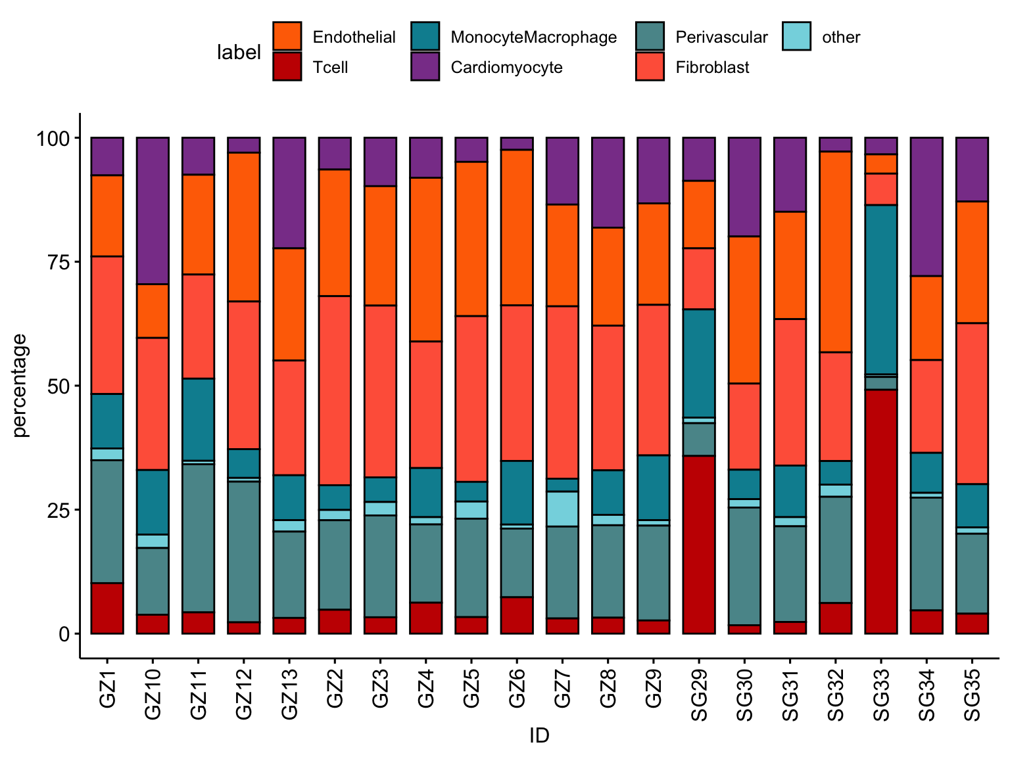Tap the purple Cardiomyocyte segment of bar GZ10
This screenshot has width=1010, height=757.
pos(153,210)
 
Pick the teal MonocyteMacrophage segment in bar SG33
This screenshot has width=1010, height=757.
pos(880,289)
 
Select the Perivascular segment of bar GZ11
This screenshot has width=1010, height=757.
pos(198,538)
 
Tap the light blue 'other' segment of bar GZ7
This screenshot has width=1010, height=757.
pos(562,509)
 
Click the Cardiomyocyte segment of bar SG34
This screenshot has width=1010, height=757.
pos(926,206)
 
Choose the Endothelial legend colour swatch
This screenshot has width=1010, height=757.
pos(287,36)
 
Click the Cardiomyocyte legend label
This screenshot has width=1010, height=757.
pos(506,67)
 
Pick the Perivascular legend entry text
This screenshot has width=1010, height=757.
pos(721,37)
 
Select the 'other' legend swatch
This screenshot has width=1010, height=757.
pos(796,36)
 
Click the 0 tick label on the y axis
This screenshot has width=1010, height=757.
pos(64,634)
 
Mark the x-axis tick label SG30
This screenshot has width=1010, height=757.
pos(744,696)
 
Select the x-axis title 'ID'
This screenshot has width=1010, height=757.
pos(539,735)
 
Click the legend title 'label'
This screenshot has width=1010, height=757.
pos(239,52)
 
